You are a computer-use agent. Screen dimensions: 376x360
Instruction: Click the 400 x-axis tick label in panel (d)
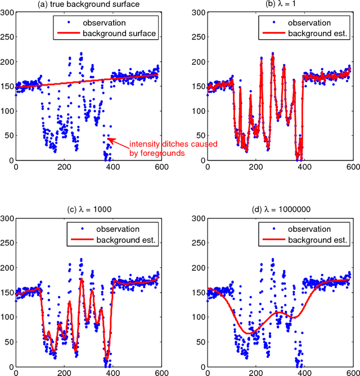304,372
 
